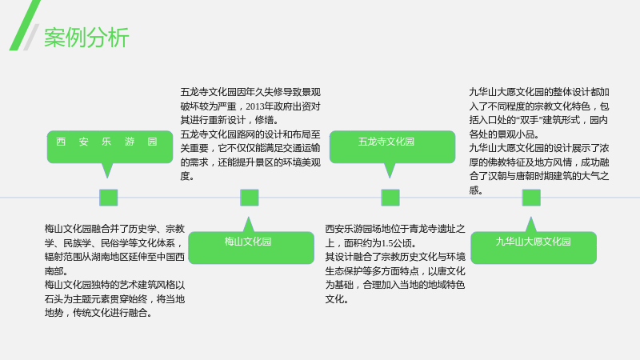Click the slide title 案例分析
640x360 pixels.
click(x=86, y=38)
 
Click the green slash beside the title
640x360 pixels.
click(x=25, y=26)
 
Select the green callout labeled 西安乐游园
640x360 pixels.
click(x=110, y=147)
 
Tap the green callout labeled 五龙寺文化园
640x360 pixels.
click(x=392, y=147)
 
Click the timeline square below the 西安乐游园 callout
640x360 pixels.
click(x=109, y=198)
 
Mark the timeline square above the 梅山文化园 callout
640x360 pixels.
click(x=250, y=198)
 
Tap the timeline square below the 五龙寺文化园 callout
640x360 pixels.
click(x=390, y=198)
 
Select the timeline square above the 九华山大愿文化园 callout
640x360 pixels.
click(x=531, y=198)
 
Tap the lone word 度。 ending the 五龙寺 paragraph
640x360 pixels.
click(x=187, y=176)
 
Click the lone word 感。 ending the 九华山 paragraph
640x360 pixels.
click(x=476, y=190)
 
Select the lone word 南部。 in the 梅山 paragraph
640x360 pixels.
click(x=56, y=271)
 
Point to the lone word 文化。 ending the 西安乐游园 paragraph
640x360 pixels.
click(x=337, y=299)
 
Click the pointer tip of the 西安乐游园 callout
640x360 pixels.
click(x=107, y=178)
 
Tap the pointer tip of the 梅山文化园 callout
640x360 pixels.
click(x=248, y=218)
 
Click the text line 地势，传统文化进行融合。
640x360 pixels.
click(x=98, y=313)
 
